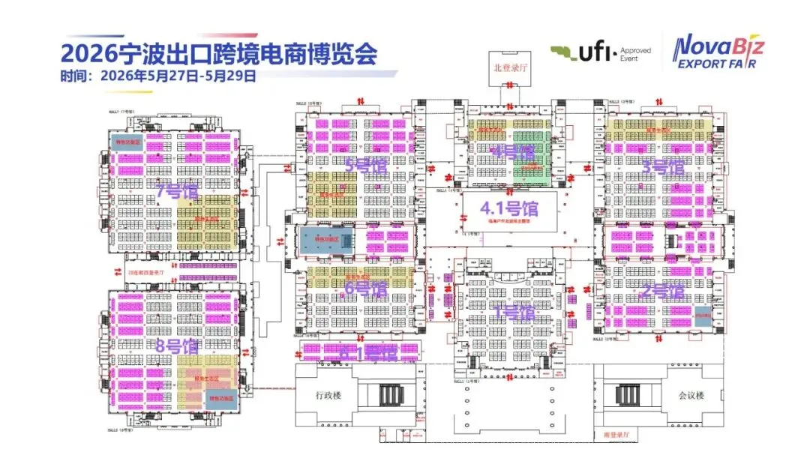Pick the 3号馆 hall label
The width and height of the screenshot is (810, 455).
[663, 167]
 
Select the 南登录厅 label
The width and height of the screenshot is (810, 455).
[619, 434]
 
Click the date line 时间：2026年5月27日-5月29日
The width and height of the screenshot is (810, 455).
[158, 76]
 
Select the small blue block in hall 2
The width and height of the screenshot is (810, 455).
[703, 316]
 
